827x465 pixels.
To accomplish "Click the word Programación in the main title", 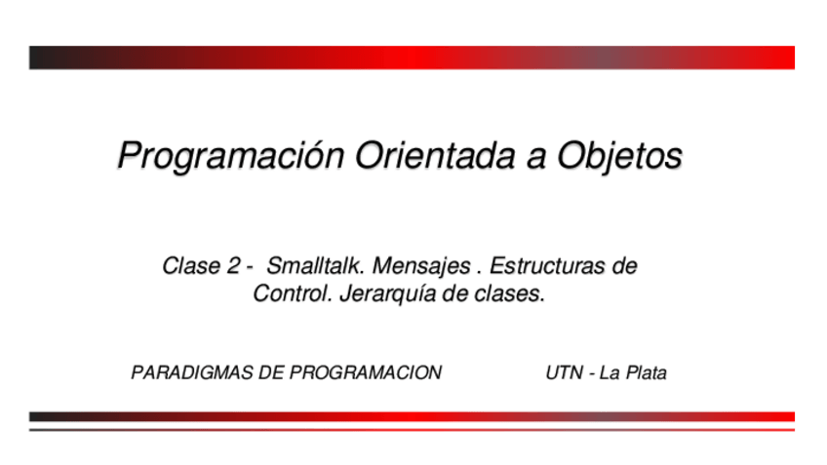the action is click(230, 156).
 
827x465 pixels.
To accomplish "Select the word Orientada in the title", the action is click(435, 156).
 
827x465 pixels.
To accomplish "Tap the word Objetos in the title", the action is click(619, 157).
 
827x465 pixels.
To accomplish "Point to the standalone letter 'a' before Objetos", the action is click(535, 160).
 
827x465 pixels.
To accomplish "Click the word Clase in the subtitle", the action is click(191, 266).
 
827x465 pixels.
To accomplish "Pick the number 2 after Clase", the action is click(233, 266).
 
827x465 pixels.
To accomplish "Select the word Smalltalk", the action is click(315, 266).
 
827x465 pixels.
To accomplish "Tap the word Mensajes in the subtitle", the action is click(421, 267).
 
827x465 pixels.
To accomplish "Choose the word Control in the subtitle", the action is click(293, 293).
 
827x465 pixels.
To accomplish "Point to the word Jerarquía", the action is click(388, 294).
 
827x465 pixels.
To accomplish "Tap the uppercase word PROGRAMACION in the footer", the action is click(366, 372).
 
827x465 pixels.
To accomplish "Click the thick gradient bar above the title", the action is click(412, 58).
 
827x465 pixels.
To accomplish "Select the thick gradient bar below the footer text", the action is click(412, 416).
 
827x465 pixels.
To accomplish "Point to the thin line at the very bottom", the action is click(412, 430).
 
